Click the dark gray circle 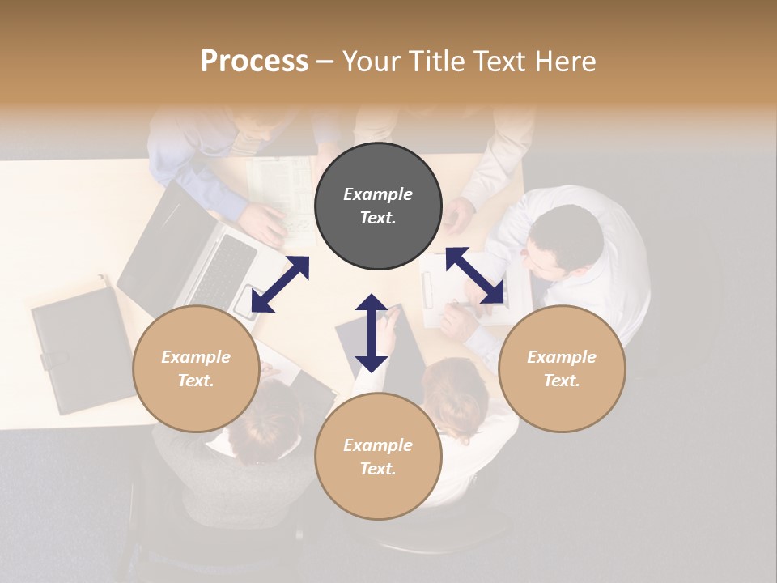pyautogui.click(x=378, y=206)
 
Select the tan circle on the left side pyautogui.click(x=196, y=369)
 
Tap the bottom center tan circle pyautogui.click(x=378, y=457)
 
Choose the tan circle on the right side pyautogui.click(x=562, y=369)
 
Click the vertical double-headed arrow pyautogui.click(x=372, y=333)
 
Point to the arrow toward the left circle pyautogui.click(x=280, y=284)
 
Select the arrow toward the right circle pyautogui.click(x=476, y=276)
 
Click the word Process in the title pyautogui.click(x=254, y=61)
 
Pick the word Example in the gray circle pyautogui.click(x=378, y=194)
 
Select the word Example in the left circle pyautogui.click(x=196, y=357)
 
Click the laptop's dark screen pyautogui.click(x=162, y=243)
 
